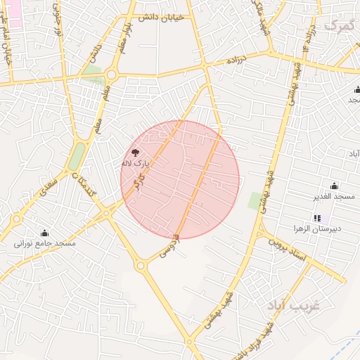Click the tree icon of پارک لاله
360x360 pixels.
click(x=135, y=153)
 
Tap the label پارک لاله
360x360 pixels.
click(x=136, y=164)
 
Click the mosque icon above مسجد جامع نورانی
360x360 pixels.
click(x=45, y=233)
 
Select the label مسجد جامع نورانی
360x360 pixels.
click(x=45, y=243)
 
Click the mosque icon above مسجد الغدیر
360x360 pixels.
click(x=334, y=186)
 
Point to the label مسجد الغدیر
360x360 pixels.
click(x=334, y=196)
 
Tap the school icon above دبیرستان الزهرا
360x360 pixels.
click(x=316, y=218)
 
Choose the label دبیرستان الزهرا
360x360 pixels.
click(x=317, y=229)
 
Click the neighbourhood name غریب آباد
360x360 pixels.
click(x=292, y=306)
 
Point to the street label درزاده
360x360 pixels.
click(x=236, y=62)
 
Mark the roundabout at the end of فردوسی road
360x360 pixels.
click(x=141, y=266)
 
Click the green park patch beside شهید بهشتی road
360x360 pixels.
click(x=255, y=200)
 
